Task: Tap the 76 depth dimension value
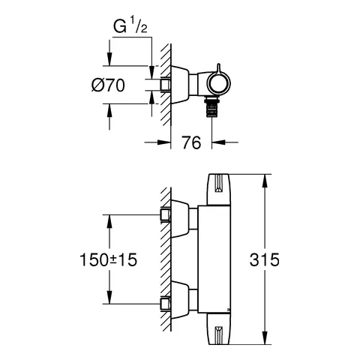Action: [191, 142]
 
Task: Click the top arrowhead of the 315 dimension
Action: [265, 181]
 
